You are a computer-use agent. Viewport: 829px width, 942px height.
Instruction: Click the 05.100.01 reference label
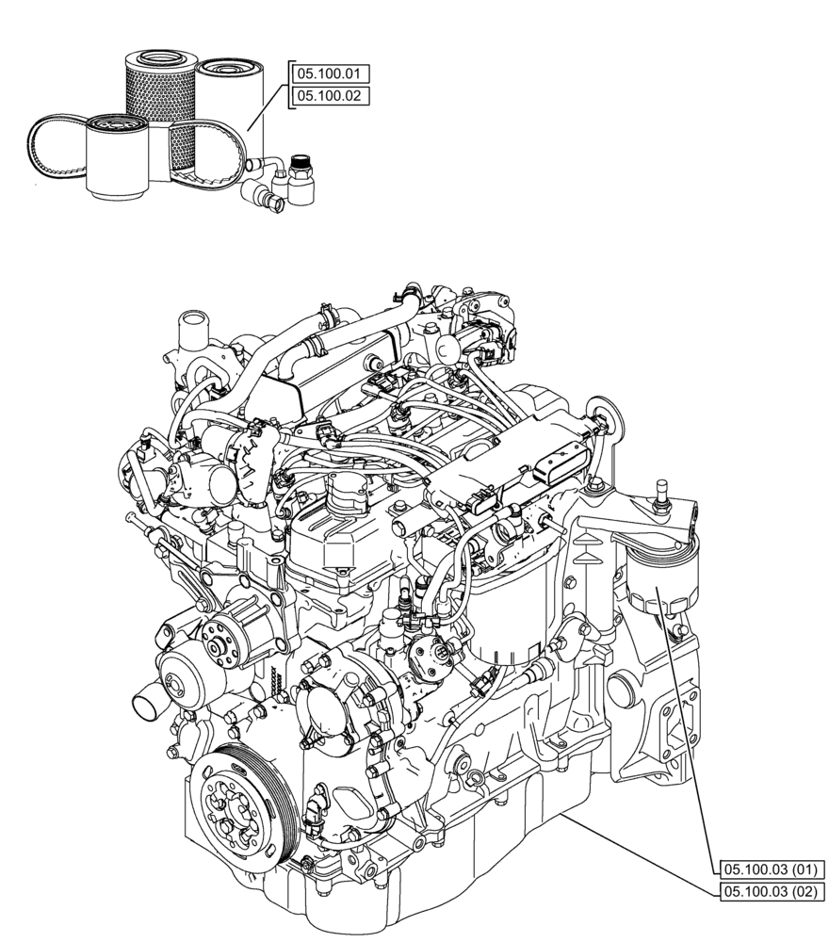coord(332,73)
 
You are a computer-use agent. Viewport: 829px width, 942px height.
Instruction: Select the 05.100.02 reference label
coord(332,95)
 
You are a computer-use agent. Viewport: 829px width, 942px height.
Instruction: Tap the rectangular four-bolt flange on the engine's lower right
coord(674,722)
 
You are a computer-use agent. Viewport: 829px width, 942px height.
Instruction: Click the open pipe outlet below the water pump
coord(147,702)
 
